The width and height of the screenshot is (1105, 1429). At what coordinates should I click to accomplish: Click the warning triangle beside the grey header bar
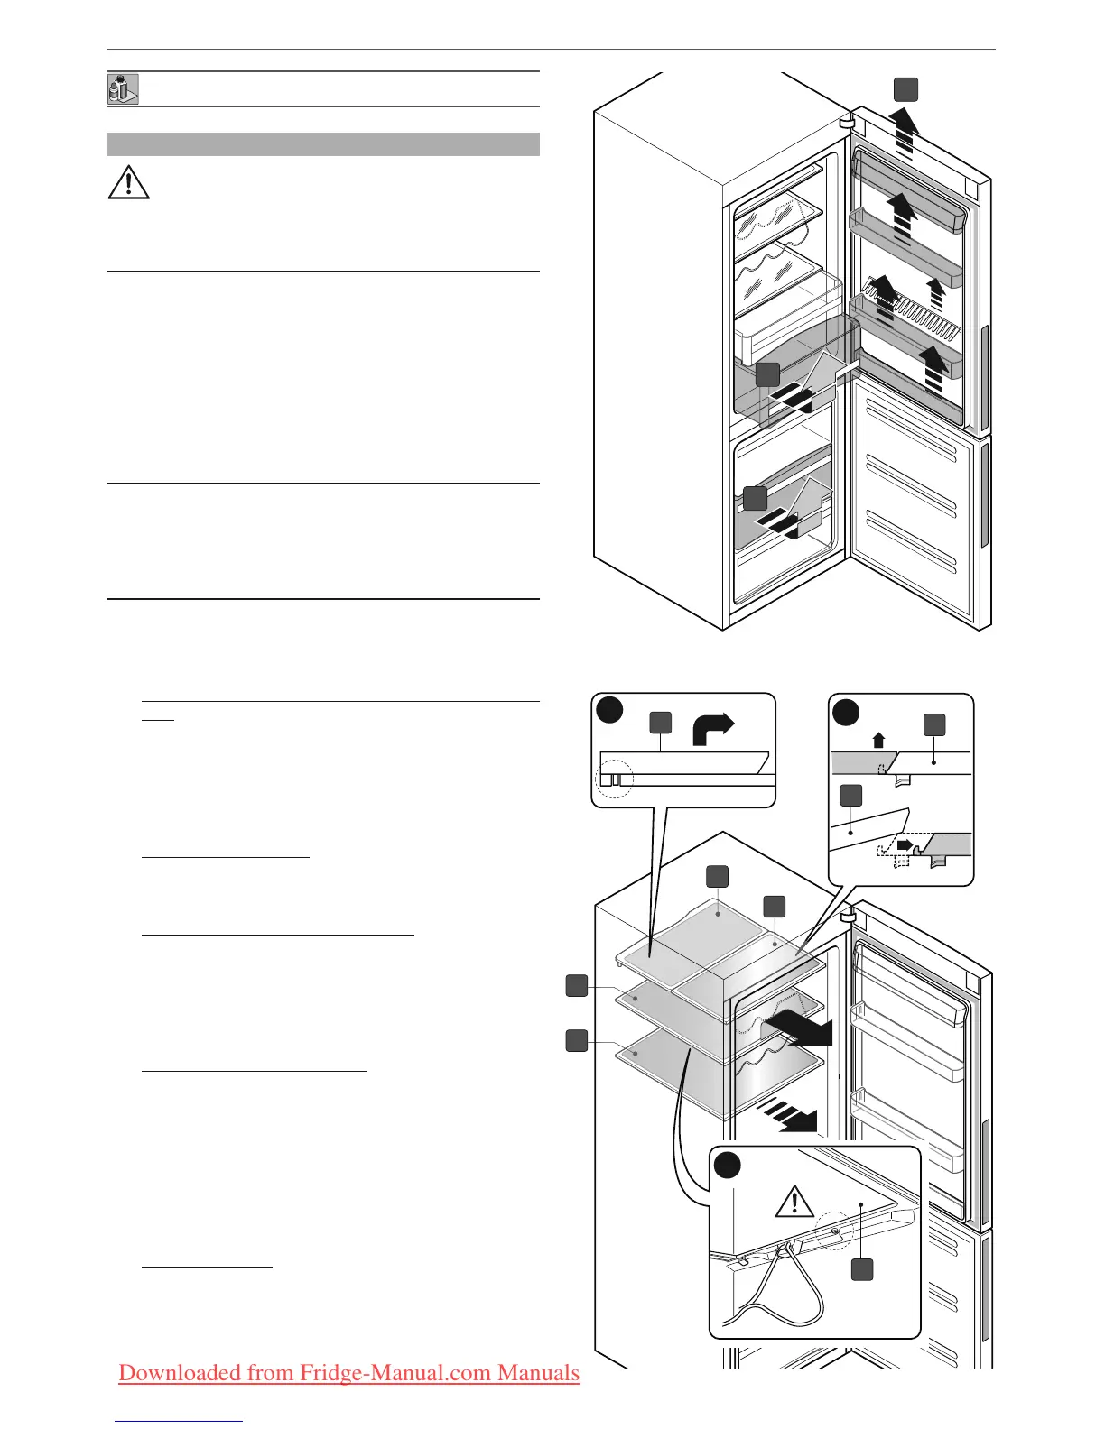(x=128, y=182)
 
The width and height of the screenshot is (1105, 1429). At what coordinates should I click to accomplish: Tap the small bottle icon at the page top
(x=123, y=89)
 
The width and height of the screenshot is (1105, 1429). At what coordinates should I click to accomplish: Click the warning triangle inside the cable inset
(x=794, y=1202)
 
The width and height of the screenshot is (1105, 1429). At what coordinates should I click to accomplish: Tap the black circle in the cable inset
(x=728, y=1165)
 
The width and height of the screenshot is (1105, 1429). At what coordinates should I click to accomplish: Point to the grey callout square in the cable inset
(x=862, y=1269)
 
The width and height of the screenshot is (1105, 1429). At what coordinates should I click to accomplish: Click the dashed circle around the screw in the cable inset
(x=834, y=1230)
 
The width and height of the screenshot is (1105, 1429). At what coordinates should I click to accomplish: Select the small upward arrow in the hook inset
(x=879, y=740)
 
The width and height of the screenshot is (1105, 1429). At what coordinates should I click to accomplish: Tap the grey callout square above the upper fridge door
(x=905, y=89)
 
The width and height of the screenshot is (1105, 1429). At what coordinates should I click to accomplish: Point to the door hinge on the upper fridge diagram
(x=846, y=121)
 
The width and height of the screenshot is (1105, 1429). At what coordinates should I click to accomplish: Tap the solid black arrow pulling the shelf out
(x=798, y=1029)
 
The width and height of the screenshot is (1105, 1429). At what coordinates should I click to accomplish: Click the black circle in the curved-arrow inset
(x=610, y=710)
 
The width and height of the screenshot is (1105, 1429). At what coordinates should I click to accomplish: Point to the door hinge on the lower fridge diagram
(x=846, y=915)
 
